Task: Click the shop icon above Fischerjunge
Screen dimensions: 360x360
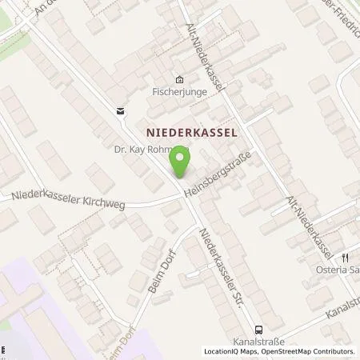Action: (x=179, y=78)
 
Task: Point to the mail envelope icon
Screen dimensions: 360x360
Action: (x=120, y=110)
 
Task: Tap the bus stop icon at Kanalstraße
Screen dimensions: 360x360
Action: (x=258, y=330)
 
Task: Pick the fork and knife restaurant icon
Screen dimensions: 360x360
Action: (x=345, y=258)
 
